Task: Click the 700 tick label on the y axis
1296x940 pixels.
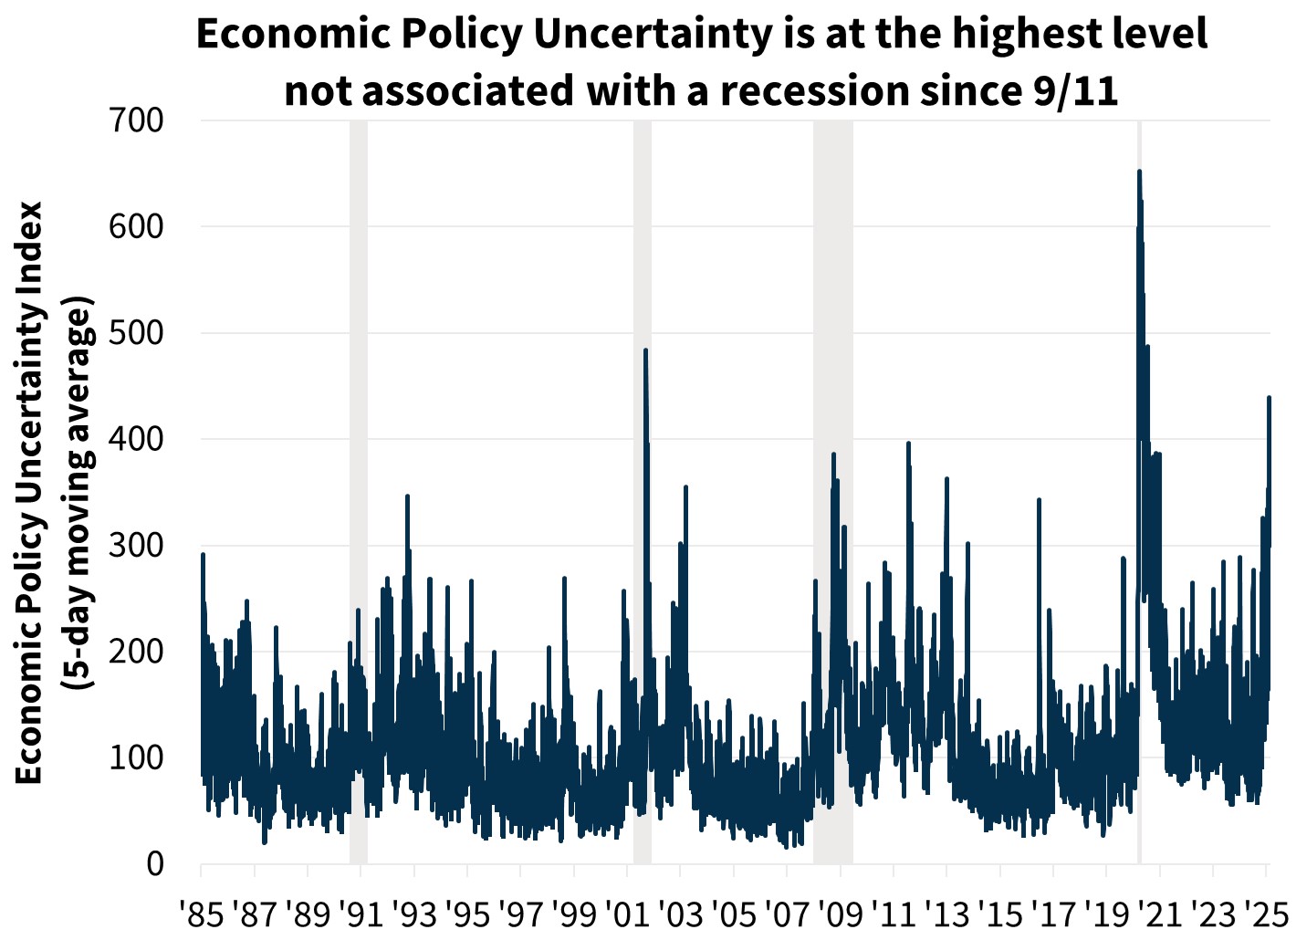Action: coord(137,120)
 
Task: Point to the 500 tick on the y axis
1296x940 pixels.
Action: coord(137,333)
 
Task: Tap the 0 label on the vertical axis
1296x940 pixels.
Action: coord(154,863)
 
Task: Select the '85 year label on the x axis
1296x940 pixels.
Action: coord(204,914)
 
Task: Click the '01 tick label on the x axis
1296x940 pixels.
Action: coord(628,914)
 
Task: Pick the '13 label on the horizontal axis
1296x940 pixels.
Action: coord(947,914)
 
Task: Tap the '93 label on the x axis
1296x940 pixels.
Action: coord(415,914)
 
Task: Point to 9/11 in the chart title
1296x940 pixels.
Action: coord(1075,91)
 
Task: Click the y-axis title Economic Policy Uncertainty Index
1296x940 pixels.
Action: coord(29,493)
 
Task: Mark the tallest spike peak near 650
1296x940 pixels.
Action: coord(1139,171)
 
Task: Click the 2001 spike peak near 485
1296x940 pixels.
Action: coord(645,350)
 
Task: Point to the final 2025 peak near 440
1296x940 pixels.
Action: coord(1269,397)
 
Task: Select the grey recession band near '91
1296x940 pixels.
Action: coord(359,493)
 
